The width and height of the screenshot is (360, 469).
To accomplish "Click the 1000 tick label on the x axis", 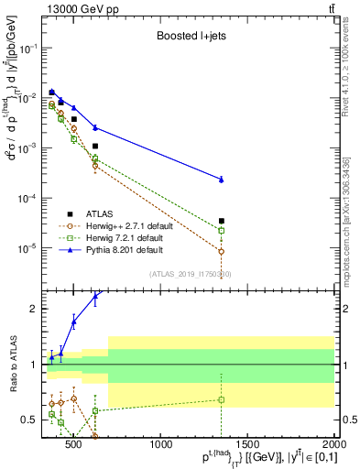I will (161, 446).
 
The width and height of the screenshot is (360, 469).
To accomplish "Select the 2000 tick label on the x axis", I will (333, 446).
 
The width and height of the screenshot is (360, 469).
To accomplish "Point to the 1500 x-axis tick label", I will (247, 446).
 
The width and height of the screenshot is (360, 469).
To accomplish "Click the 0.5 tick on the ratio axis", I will (27, 420).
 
